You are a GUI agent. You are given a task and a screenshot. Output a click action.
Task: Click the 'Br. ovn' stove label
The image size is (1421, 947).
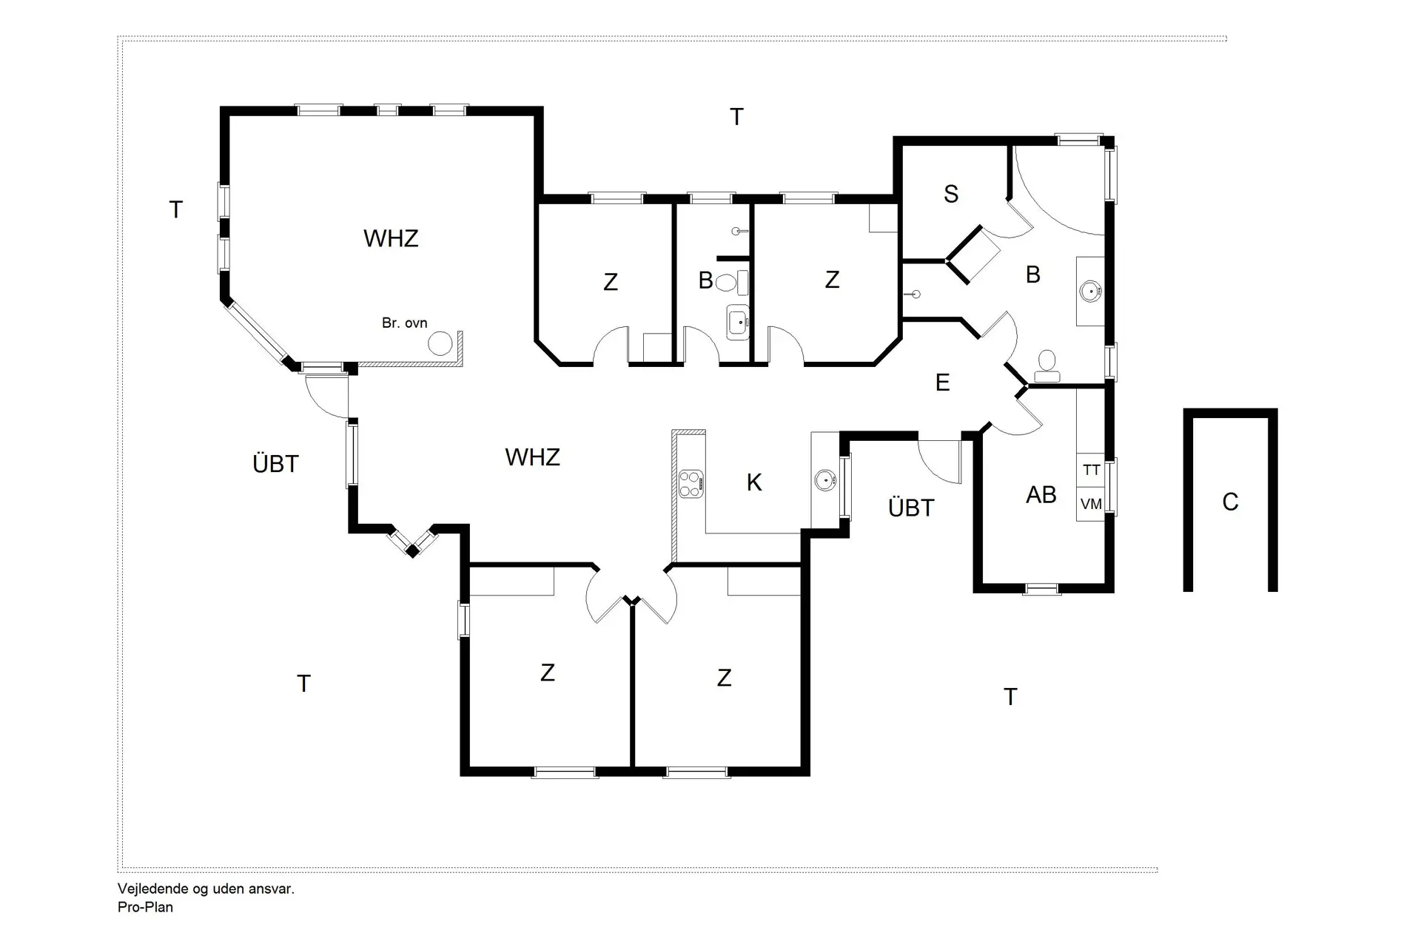(x=404, y=323)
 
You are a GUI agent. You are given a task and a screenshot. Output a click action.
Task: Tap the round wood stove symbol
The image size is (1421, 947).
(x=440, y=343)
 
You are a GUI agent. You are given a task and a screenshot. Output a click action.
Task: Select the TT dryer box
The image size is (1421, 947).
(x=1091, y=470)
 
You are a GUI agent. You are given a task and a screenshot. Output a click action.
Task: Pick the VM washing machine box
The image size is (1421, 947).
(x=1091, y=504)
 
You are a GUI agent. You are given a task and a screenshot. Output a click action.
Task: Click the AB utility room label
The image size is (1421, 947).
(x=1041, y=495)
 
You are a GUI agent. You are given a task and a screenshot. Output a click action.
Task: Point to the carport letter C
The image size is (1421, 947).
(x=1230, y=502)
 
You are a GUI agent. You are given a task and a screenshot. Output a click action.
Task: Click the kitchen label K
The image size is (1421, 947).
(x=754, y=483)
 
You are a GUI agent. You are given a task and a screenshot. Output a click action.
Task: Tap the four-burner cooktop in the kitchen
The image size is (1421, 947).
(x=691, y=483)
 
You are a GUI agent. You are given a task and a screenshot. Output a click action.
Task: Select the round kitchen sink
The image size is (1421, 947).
(x=825, y=480)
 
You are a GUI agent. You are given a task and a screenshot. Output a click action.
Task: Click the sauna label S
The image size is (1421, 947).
(x=951, y=194)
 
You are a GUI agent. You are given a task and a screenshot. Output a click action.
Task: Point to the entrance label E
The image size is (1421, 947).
(x=942, y=382)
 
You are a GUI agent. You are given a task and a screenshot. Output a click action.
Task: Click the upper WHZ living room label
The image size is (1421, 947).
(x=391, y=238)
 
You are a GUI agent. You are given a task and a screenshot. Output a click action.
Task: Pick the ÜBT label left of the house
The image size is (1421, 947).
(x=275, y=464)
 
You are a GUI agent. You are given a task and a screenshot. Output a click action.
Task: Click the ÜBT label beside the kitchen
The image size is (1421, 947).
(x=911, y=508)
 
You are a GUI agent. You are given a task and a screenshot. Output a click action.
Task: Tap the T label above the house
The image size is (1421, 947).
(x=736, y=117)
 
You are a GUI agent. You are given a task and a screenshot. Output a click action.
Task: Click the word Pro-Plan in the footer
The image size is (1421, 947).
(x=145, y=907)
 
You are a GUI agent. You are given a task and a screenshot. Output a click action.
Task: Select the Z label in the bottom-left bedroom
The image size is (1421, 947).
(x=548, y=673)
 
